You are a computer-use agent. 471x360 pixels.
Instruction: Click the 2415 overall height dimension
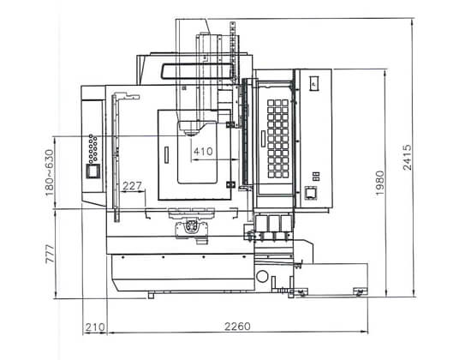tap(408, 158)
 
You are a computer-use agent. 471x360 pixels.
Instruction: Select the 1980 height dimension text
tap(380, 183)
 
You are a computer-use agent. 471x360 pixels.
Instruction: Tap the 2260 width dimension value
tap(237, 327)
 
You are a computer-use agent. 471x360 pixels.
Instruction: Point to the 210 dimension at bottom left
tap(95, 327)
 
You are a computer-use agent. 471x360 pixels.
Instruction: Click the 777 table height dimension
tap(51, 254)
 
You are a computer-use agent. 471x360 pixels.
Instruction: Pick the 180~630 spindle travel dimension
tap(50, 172)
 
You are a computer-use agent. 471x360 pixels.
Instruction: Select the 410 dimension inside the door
tap(203, 151)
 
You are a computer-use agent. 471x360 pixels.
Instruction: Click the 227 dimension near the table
tap(132, 186)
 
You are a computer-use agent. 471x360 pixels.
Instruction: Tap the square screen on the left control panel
tap(93, 171)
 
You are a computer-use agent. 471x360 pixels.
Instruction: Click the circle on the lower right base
tap(262, 276)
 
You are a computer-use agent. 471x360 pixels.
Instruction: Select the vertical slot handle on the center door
tap(167, 155)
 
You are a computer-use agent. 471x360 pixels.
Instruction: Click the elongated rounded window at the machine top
tap(197, 72)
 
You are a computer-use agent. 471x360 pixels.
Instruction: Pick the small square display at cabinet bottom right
tap(311, 193)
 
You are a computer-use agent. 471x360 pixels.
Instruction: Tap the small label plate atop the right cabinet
tap(314, 82)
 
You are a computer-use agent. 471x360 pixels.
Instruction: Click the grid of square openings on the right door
tap(277, 139)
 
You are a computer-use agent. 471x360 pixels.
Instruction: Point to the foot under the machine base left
tap(151, 296)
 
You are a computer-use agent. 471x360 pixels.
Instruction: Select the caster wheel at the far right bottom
tap(361, 291)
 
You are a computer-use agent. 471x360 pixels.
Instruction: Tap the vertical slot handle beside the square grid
tap(263, 139)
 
